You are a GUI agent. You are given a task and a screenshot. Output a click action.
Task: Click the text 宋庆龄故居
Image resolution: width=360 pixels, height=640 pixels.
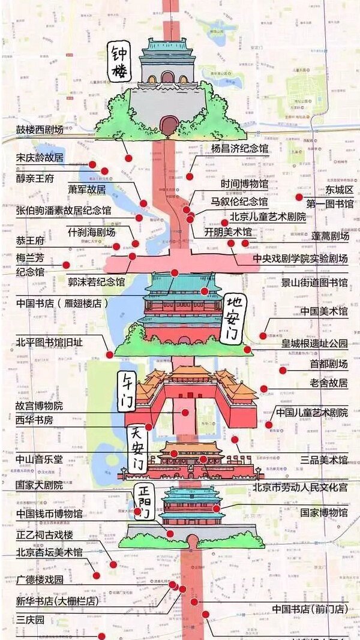click(40, 158)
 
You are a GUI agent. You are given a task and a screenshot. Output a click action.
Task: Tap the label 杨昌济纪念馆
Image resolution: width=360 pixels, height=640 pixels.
click(239, 148)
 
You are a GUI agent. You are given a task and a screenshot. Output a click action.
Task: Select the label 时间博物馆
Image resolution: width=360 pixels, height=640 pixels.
click(244, 184)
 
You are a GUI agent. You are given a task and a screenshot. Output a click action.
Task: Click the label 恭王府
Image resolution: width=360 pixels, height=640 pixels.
click(31, 241)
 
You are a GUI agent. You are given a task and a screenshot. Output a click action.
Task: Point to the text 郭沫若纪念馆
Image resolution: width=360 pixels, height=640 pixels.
click(96, 281)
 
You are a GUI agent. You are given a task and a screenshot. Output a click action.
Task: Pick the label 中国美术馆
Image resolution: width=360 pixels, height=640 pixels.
click(324, 311)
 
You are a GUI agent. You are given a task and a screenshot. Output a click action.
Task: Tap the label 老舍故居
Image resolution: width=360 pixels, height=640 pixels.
click(328, 383)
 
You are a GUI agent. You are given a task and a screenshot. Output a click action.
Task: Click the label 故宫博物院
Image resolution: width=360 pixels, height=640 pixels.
click(40, 406)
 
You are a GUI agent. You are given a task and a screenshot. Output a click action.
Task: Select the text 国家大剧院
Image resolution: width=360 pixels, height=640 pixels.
click(40, 485)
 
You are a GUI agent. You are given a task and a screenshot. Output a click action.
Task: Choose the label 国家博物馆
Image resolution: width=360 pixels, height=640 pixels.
click(324, 513)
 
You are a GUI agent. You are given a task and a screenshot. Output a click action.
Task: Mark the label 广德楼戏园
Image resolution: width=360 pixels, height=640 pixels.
click(40, 580)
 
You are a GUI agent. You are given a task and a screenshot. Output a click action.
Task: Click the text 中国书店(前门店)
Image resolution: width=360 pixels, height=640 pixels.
click(310, 609)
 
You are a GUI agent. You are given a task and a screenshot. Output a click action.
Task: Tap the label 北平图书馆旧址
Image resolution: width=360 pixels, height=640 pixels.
click(49, 342)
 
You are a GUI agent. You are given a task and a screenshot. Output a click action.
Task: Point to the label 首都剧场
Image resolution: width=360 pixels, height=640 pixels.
click(328, 364)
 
